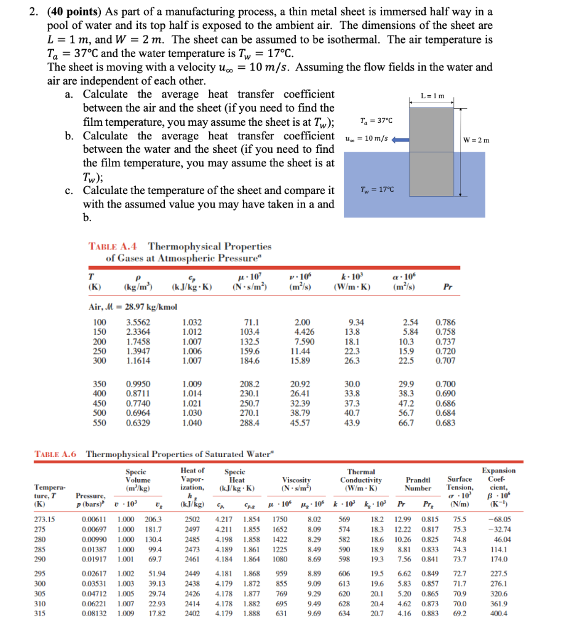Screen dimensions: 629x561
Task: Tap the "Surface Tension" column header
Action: coord(460,484)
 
